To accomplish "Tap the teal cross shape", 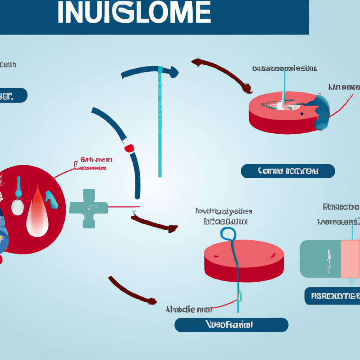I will point(88,207).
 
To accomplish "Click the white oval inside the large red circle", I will point(18,207).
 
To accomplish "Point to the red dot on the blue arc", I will point(129,148).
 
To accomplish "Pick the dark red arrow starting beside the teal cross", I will point(155,225).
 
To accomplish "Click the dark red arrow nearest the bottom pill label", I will point(132,290).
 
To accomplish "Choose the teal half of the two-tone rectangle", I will point(320,258).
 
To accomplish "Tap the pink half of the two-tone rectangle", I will point(350,258).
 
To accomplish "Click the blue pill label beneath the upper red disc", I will point(288,171).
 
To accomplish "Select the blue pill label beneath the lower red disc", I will point(231,324).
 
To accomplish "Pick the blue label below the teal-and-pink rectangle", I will point(332,296).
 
